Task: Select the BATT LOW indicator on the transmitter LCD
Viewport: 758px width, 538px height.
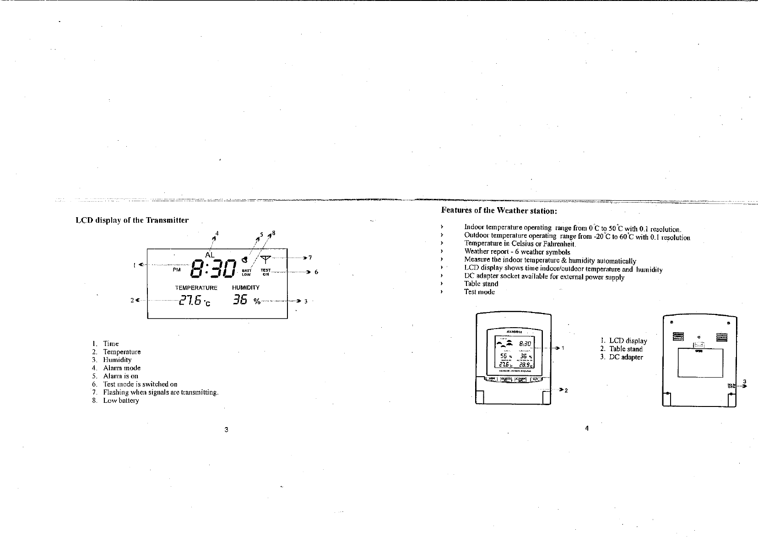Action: (246, 273)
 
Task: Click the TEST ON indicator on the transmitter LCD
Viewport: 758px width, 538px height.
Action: (265, 272)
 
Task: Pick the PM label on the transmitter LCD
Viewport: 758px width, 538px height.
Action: (177, 270)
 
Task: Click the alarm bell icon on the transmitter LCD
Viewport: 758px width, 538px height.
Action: (245, 260)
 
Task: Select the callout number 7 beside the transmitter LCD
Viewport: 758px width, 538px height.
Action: (310, 258)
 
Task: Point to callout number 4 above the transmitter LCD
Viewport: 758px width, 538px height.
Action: (217, 233)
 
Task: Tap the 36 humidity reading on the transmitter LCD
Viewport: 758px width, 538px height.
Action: (240, 301)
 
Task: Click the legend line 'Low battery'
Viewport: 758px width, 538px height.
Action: (121, 401)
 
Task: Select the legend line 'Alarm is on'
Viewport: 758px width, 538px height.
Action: (120, 376)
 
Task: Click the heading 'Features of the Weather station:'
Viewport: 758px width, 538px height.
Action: (499, 211)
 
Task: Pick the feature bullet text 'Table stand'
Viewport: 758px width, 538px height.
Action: (481, 284)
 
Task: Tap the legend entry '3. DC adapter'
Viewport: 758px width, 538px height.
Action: (622, 357)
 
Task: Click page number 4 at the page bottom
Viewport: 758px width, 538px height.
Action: (586, 428)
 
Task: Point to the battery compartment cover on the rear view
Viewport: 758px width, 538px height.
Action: (700, 363)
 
